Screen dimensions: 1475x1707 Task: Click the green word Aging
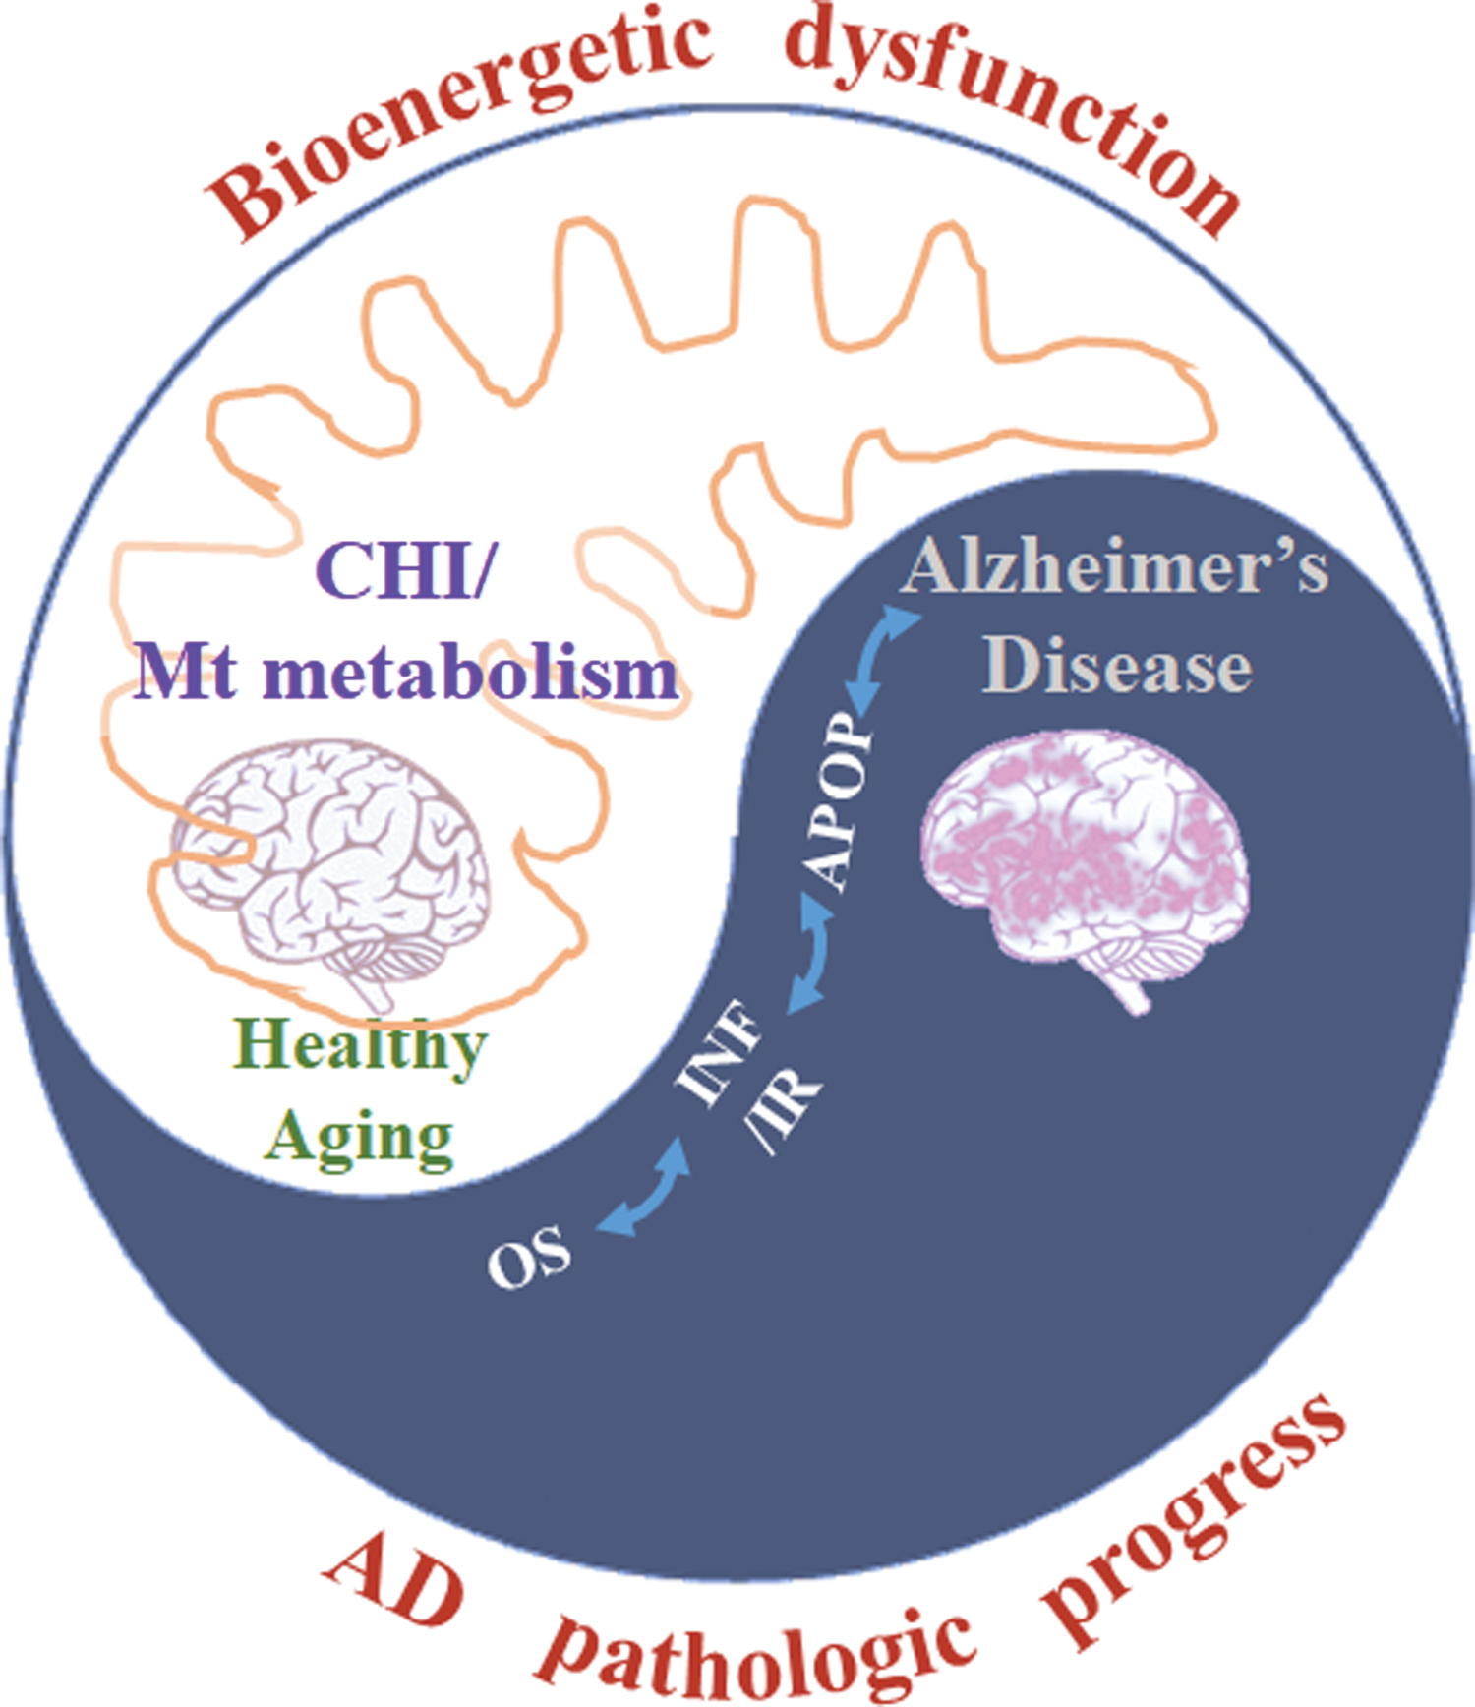(x=360, y=1138)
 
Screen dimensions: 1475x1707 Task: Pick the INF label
(x=718, y=1052)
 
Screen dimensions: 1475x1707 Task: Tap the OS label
(x=529, y=1258)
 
